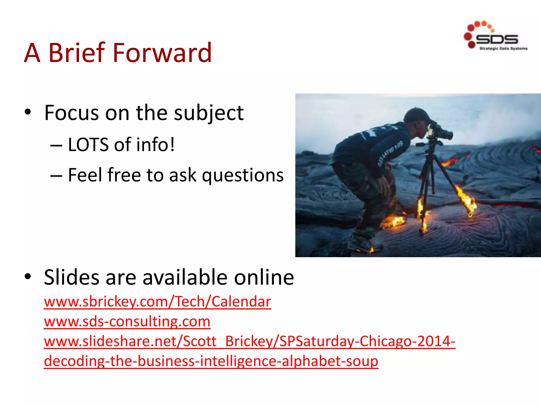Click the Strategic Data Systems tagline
tap(503, 49)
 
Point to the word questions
tap(242, 176)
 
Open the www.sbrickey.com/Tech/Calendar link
tap(157, 302)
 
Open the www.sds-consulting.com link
tap(127, 321)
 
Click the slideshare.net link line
tap(249, 341)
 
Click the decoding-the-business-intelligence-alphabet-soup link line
tap(211, 361)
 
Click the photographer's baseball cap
tap(416, 115)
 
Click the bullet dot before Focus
tap(28, 112)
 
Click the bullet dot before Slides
tap(28, 277)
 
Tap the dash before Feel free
tap(56, 176)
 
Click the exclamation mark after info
tap(172, 145)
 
